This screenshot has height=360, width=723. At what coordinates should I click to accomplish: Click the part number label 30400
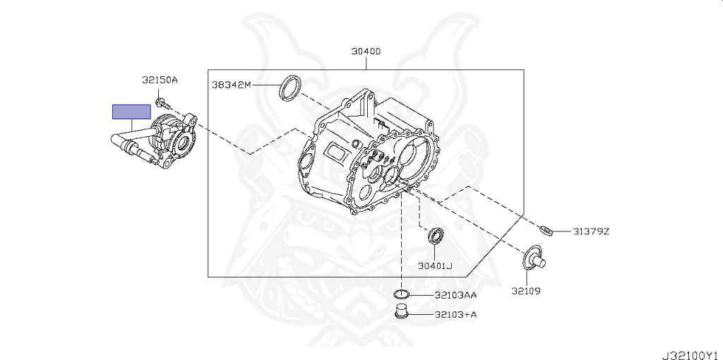[x=366, y=52]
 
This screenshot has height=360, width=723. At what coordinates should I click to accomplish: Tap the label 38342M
[x=231, y=85]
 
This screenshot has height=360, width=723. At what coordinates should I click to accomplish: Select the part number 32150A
[x=160, y=80]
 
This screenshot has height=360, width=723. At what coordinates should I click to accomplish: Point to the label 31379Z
[x=590, y=232]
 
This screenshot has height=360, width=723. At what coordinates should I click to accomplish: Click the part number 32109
[x=526, y=290]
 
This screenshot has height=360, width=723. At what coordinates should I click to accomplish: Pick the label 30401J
[x=434, y=266]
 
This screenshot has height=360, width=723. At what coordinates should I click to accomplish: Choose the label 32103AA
[x=455, y=295]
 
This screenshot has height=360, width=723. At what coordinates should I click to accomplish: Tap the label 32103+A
[x=455, y=315]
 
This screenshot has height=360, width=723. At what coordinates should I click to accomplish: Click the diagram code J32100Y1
[x=691, y=351]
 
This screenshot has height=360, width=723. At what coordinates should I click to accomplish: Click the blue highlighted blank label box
[x=131, y=112]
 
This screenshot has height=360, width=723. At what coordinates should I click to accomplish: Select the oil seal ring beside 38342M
[x=289, y=87]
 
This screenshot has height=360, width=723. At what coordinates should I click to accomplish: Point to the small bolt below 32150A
[x=162, y=103]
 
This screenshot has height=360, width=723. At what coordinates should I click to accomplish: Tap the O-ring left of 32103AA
[x=401, y=294]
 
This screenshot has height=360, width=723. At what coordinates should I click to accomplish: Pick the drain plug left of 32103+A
[x=402, y=313]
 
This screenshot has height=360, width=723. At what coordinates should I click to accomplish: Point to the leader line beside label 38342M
[x=265, y=85]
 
